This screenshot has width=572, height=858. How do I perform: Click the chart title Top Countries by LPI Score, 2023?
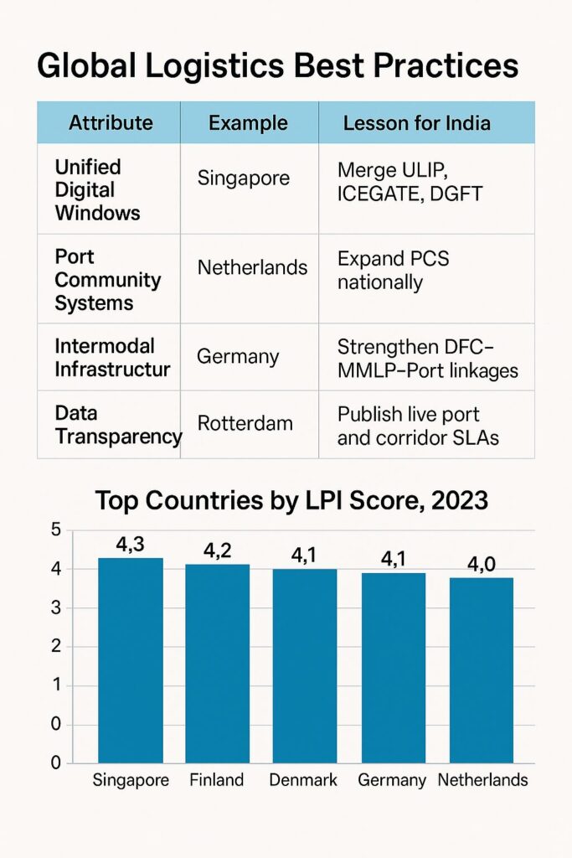click(x=291, y=500)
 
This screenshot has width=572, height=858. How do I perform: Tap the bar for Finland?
click(x=217, y=664)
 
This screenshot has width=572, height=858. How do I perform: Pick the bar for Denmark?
click(x=304, y=666)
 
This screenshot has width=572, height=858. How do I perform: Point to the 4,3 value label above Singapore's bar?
click(x=131, y=545)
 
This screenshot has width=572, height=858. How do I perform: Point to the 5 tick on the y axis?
click(x=56, y=530)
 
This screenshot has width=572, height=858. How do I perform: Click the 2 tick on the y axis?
click(x=56, y=646)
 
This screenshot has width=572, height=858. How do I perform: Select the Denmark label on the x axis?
click(x=303, y=780)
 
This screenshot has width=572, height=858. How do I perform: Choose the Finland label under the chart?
click(x=217, y=780)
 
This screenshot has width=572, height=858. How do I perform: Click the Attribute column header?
click(x=111, y=123)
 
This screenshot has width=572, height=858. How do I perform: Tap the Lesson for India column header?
click(x=416, y=123)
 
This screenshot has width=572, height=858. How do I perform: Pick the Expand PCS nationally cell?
click(x=393, y=270)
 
